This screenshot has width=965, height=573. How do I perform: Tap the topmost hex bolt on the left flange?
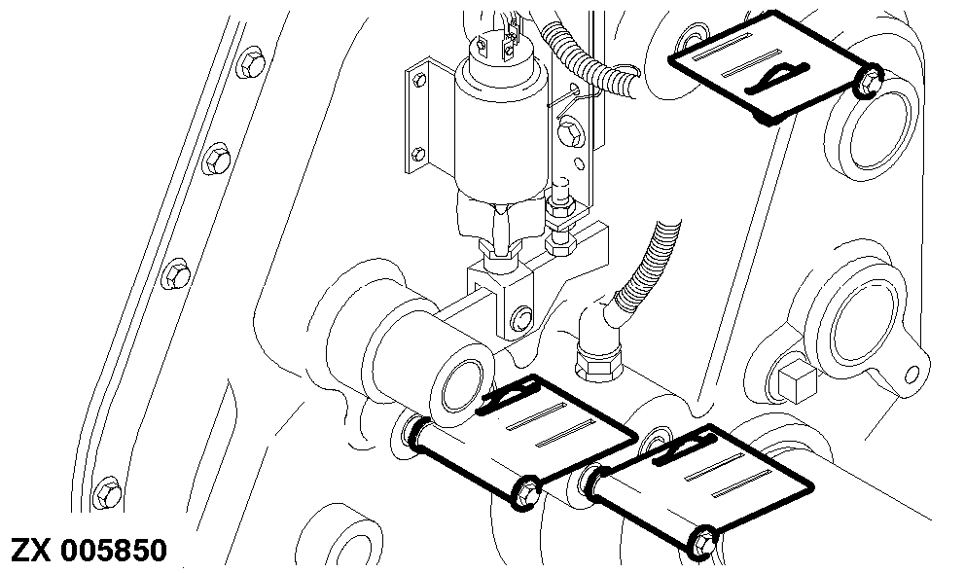click(251, 62)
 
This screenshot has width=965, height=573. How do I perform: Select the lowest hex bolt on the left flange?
click(107, 492)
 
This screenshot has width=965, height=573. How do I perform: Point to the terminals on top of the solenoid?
click(496, 42)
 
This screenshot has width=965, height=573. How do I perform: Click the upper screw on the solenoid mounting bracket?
click(419, 80)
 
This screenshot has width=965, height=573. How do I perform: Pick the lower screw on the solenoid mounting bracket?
click(418, 153)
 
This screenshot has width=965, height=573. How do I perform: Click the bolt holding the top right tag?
click(869, 80)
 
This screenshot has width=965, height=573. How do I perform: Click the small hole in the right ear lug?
click(912, 373)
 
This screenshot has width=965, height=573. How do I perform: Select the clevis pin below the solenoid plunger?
click(521, 317)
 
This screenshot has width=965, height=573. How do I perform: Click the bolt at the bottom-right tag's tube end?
click(701, 543)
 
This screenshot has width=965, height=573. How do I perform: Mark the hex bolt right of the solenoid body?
click(569, 133)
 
